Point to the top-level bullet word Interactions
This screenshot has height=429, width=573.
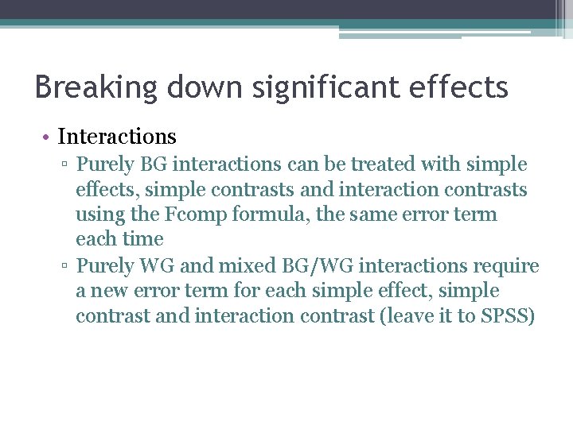(x=117, y=137)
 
